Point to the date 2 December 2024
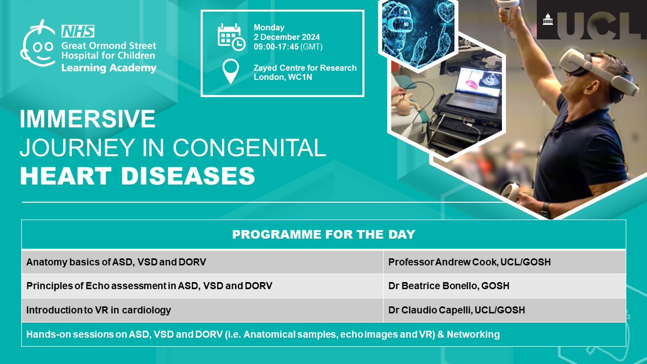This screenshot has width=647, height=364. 287,37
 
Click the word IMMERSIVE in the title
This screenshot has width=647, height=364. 87,120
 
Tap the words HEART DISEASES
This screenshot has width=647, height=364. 137,176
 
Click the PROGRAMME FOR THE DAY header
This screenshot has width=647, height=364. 323,235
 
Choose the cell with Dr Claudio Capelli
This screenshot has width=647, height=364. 456,310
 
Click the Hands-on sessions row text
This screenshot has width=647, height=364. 263,334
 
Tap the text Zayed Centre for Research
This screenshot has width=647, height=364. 305,68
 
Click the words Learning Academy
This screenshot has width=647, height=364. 108,68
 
